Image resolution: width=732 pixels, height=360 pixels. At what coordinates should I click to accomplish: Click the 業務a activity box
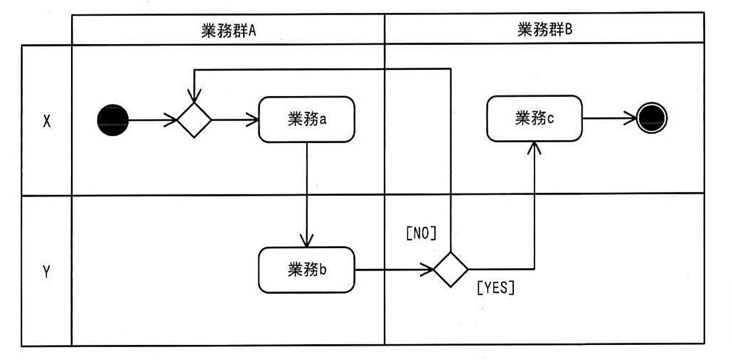coord(306,119)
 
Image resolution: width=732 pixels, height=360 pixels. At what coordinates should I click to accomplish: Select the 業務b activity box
coord(306,271)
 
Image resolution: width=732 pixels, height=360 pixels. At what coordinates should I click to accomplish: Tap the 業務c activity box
coord(535,119)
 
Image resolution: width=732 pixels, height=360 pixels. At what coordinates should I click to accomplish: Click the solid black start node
coord(113,120)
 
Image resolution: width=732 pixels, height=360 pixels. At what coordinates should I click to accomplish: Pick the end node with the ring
coord(652,119)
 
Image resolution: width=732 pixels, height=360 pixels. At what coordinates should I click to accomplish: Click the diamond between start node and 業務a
coord(194,120)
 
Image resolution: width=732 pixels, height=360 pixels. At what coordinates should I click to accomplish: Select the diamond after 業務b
coord(451,269)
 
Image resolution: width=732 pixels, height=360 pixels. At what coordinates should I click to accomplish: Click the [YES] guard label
coord(495,288)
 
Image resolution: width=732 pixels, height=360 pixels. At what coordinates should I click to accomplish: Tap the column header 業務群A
coord(228,30)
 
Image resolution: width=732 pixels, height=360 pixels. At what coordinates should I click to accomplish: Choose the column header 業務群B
coord(545,30)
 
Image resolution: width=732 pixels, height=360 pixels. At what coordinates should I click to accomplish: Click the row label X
coord(47,121)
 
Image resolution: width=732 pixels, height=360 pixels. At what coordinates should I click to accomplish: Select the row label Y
coord(47,272)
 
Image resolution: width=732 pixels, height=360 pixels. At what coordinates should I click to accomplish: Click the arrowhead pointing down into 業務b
coord(307,241)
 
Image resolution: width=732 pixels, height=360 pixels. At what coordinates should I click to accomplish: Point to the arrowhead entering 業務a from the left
coord(253,119)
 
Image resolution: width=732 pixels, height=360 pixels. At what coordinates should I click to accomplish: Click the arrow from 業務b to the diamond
coord(394,270)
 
